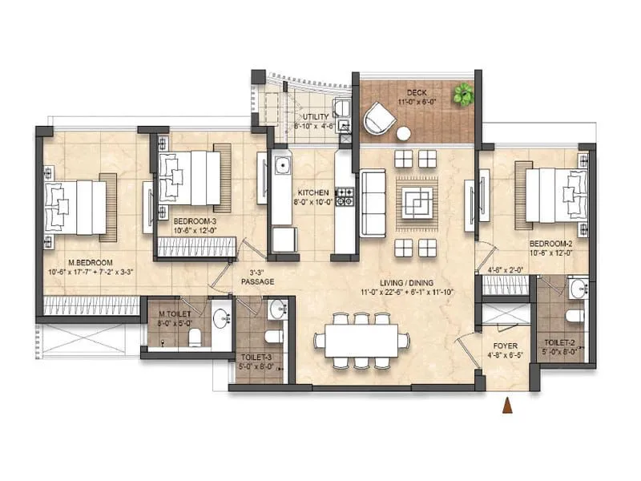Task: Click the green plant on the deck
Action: coord(462,95)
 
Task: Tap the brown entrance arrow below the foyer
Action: coord(506,406)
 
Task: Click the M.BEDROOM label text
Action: coord(90,263)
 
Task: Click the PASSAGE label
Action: coord(259,281)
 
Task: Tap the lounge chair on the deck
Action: coord(378,121)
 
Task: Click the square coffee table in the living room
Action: coord(416,197)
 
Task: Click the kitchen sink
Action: coord(282,166)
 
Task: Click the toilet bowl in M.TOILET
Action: coord(193,340)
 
